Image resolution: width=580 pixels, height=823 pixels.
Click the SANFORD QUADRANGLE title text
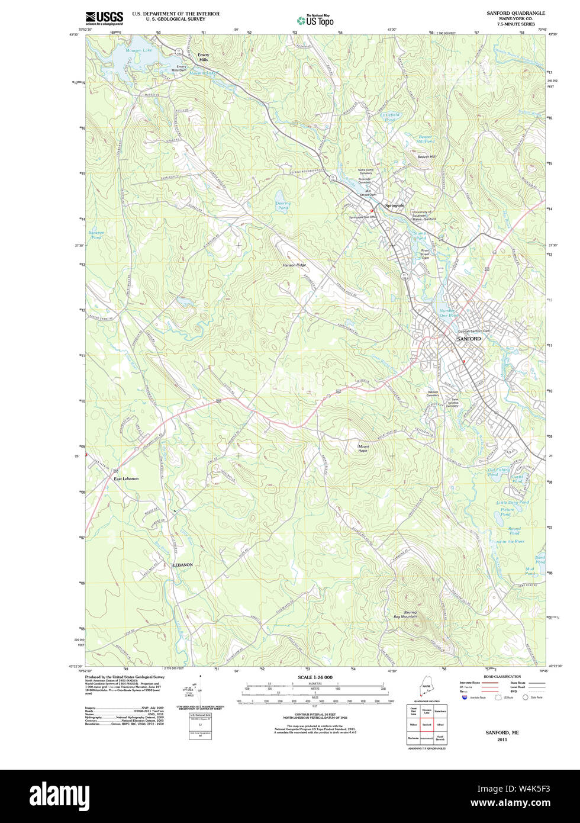click(x=515, y=12)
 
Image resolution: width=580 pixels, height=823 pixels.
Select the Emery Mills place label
click(x=204, y=57)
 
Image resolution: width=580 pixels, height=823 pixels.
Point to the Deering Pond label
click(x=283, y=205)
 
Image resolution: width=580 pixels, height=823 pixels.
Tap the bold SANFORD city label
click(x=469, y=339)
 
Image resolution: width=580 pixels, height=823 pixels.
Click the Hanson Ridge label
click(x=294, y=265)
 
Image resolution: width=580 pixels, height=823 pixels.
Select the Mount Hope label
click(x=362, y=448)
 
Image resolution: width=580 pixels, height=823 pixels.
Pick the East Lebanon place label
click(x=126, y=478)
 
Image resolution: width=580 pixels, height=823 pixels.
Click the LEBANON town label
click(x=183, y=565)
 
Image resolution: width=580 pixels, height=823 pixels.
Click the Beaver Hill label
click(x=426, y=157)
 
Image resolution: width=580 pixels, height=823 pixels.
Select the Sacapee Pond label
click(x=96, y=235)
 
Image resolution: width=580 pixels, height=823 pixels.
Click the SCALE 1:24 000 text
click(x=315, y=677)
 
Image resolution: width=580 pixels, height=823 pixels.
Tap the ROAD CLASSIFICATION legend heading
click(x=502, y=676)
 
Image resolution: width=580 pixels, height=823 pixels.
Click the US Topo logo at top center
click(x=315, y=20)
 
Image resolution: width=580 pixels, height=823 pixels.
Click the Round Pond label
click(x=514, y=531)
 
